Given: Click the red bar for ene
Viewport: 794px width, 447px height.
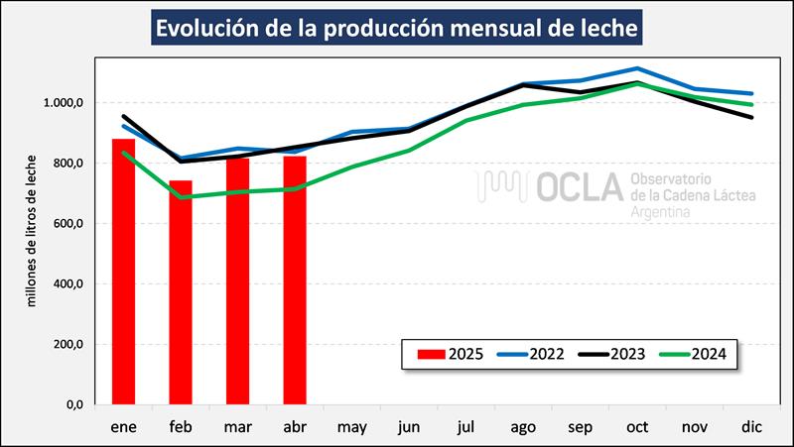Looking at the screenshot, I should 123,273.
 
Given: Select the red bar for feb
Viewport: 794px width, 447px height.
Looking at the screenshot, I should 180,293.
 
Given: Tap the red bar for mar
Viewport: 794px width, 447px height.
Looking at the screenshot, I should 237,281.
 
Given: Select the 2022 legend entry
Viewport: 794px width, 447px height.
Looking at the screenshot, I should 534,353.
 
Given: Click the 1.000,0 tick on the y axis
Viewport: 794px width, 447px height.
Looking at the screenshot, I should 62,103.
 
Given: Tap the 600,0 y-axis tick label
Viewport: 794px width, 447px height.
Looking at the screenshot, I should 67,224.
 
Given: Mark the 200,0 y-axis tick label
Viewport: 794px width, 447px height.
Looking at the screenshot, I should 67,345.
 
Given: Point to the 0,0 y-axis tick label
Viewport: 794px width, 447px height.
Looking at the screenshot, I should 73,405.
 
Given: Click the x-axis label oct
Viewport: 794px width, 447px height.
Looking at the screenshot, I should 638,428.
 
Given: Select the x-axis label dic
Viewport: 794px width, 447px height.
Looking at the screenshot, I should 752,428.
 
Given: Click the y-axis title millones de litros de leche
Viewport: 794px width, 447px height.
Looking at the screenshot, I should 33,230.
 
